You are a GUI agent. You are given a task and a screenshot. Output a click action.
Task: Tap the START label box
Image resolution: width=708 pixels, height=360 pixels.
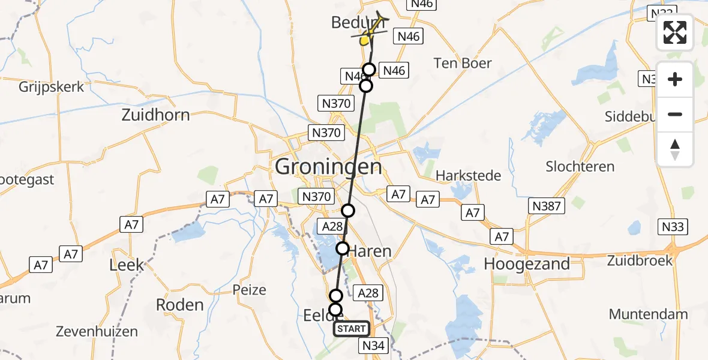(352, 328)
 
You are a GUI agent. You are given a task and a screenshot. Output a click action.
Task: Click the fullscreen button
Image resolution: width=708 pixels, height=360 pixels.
(675, 33)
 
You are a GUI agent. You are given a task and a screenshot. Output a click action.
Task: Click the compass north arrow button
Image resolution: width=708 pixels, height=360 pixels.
(675, 149)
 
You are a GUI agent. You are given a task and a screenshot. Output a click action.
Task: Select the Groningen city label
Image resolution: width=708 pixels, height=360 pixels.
(328, 166)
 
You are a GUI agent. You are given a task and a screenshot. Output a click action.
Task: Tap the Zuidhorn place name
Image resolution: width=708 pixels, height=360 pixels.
(155, 115)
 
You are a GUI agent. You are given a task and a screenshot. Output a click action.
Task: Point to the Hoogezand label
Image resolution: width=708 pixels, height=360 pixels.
(527, 264)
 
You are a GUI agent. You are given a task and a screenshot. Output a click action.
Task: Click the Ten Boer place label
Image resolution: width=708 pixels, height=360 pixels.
(463, 63)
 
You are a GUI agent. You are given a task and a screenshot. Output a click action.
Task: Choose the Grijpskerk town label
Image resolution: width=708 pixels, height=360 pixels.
(51, 86)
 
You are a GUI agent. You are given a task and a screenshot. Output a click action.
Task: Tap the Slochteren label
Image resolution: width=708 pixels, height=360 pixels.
(580, 166)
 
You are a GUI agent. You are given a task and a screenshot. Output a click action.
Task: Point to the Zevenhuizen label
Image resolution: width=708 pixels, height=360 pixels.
(97, 331)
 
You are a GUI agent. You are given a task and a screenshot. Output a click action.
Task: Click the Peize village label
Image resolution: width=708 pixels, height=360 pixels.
(249, 290)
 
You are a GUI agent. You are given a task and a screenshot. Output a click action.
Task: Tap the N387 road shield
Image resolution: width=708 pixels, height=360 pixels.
(547, 206)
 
